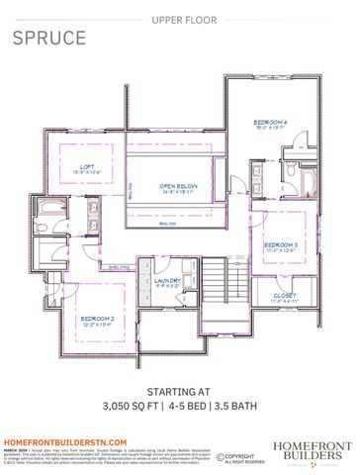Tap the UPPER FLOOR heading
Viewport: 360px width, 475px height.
(x=179, y=19)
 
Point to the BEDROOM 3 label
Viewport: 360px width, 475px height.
(x=280, y=244)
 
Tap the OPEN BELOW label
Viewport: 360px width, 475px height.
(x=181, y=185)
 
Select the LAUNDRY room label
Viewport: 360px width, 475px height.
(x=167, y=280)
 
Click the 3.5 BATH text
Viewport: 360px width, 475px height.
(x=234, y=407)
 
